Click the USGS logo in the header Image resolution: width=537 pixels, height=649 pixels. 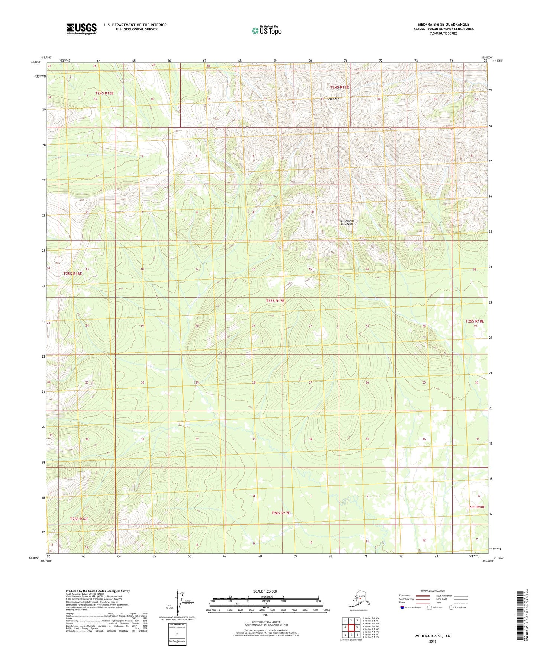point(81,29)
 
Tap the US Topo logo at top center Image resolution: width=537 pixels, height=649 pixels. point(266,30)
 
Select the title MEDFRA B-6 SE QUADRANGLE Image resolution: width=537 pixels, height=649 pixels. point(443,25)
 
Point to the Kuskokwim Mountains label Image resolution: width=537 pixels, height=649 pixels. point(347,222)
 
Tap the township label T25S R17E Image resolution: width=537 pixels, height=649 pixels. point(275,300)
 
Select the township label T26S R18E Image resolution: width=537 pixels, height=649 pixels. point(476,507)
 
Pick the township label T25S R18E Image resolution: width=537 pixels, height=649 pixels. point(475,321)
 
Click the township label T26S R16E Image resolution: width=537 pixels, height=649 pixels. point(79,519)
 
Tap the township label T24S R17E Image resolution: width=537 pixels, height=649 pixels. point(339,87)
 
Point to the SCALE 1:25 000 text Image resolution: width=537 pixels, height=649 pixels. point(265,591)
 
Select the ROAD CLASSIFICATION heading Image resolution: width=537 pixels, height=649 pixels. point(433,591)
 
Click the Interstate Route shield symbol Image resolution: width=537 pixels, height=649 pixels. point(402,607)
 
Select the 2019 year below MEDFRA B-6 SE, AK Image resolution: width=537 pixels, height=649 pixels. point(432,641)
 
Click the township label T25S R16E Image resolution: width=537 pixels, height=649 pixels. point(72,274)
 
